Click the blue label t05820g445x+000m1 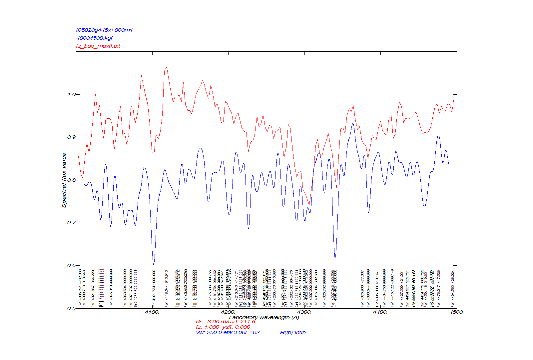[x=104, y=30]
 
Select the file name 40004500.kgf [x=95, y=38]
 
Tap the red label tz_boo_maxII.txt [x=98, y=46]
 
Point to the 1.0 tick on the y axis [x=72, y=94]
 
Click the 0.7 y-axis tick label [x=72, y=223]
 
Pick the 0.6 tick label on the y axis [x=72, y=265]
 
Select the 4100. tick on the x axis [x=152, y=312]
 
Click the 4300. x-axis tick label [x=304, y=312]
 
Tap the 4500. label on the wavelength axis [x=456, y=312]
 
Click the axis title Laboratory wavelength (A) [x=264, y=317]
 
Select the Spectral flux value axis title [x=64, y=180]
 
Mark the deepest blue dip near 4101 [x=154, y=264]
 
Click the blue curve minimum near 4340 [x=335, y=257]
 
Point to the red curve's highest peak [x=167, y=67]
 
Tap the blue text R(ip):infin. [x=293, y=332]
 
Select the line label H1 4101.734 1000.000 [x=154, y=289]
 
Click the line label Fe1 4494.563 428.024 [x=453, y=289]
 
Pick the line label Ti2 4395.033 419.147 [x=377, y=289]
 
